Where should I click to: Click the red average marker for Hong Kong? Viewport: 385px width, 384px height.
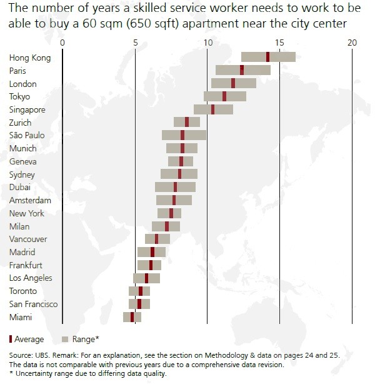pyautogui.click(x=267, y=58)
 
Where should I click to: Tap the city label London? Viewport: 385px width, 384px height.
pyautogui.click(x=23, y=84)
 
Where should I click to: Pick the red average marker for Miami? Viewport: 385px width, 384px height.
pyautogui.click(x=132, y=317)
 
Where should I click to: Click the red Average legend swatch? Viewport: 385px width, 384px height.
pyautogui.click(x=11, y=339)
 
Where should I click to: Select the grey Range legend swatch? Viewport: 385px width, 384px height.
pyautogui.click(x=65, y=340)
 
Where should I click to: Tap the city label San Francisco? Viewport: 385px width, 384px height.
pyautogui.click(x=34, y=304)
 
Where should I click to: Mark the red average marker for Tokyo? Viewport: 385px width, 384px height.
pyautogui.click(x=224, y=96)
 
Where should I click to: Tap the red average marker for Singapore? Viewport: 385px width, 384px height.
pyautogui.click(x=213, y=109)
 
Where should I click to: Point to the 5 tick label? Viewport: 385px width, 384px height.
pyautogui.click(x=135, y=42)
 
